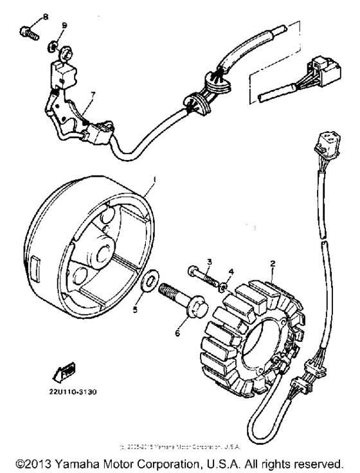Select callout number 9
click(x=64, y=25)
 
